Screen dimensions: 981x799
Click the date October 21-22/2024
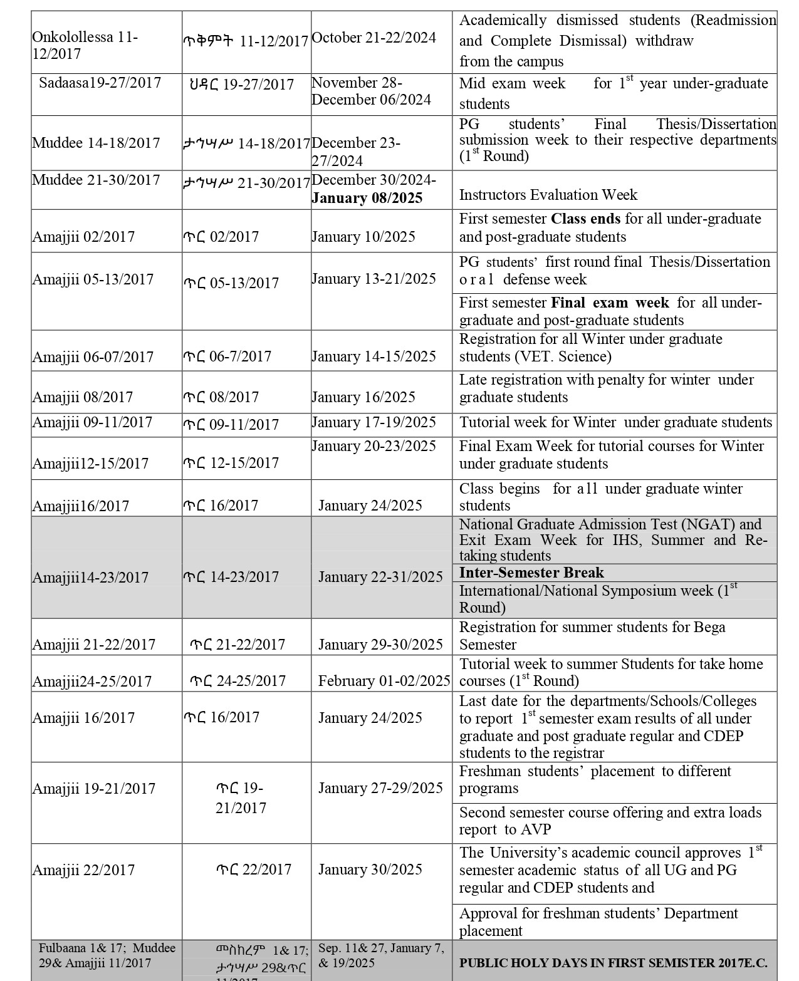373,38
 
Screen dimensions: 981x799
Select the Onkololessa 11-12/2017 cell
85,46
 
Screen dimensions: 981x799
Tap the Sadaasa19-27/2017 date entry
100,83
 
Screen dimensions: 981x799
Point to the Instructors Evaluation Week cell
548,195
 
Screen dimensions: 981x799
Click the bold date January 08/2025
367,199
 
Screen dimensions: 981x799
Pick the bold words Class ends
585,219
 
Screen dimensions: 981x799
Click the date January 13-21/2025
373,279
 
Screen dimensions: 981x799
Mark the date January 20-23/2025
373,446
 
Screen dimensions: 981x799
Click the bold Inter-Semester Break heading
531,573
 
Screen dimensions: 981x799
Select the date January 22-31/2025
380,577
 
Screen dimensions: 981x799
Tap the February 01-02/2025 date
384,681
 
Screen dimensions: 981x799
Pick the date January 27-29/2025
380,788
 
